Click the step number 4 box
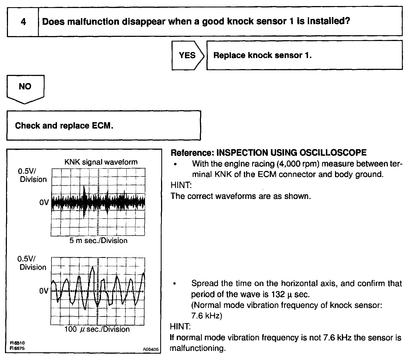[23, 21]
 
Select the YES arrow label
[187, 55]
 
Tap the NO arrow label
[25, 86]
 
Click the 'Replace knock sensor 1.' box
[304, 55]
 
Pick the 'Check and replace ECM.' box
[103, 126]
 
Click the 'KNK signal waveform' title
[101, 162]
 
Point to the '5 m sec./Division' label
[98, 241]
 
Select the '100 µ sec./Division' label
[97, 329]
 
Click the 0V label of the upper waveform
[44, 203]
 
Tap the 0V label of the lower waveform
[43, 291]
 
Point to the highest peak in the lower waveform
[93, 267]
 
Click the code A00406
[151, 349]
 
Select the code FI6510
[17, 343]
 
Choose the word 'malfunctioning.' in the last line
[198, 348]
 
